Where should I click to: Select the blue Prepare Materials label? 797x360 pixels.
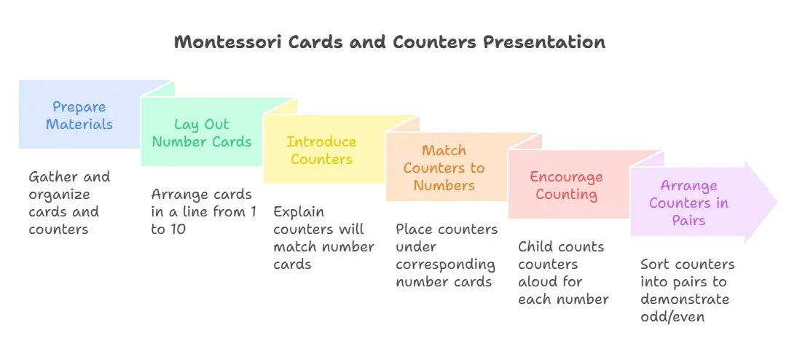tap(79, 115)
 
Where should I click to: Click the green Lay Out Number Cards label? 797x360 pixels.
tap(202, 133)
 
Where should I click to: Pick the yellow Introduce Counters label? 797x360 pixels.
tap(321, 150)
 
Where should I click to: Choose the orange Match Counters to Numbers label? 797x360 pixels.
tap(444, 168)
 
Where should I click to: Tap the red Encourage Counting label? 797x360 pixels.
tap(566, 185)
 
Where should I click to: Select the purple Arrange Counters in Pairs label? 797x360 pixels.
tap(688, 203)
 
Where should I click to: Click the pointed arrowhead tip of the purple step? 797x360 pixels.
tap(777, 202)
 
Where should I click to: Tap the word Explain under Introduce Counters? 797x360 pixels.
tap(299, 211)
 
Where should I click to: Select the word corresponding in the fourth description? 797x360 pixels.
tap(445, 265)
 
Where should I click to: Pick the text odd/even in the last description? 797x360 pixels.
tap(672, 316)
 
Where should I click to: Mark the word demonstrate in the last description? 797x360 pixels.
tap(685, 299)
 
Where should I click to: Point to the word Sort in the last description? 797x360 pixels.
tap(653, 264)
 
